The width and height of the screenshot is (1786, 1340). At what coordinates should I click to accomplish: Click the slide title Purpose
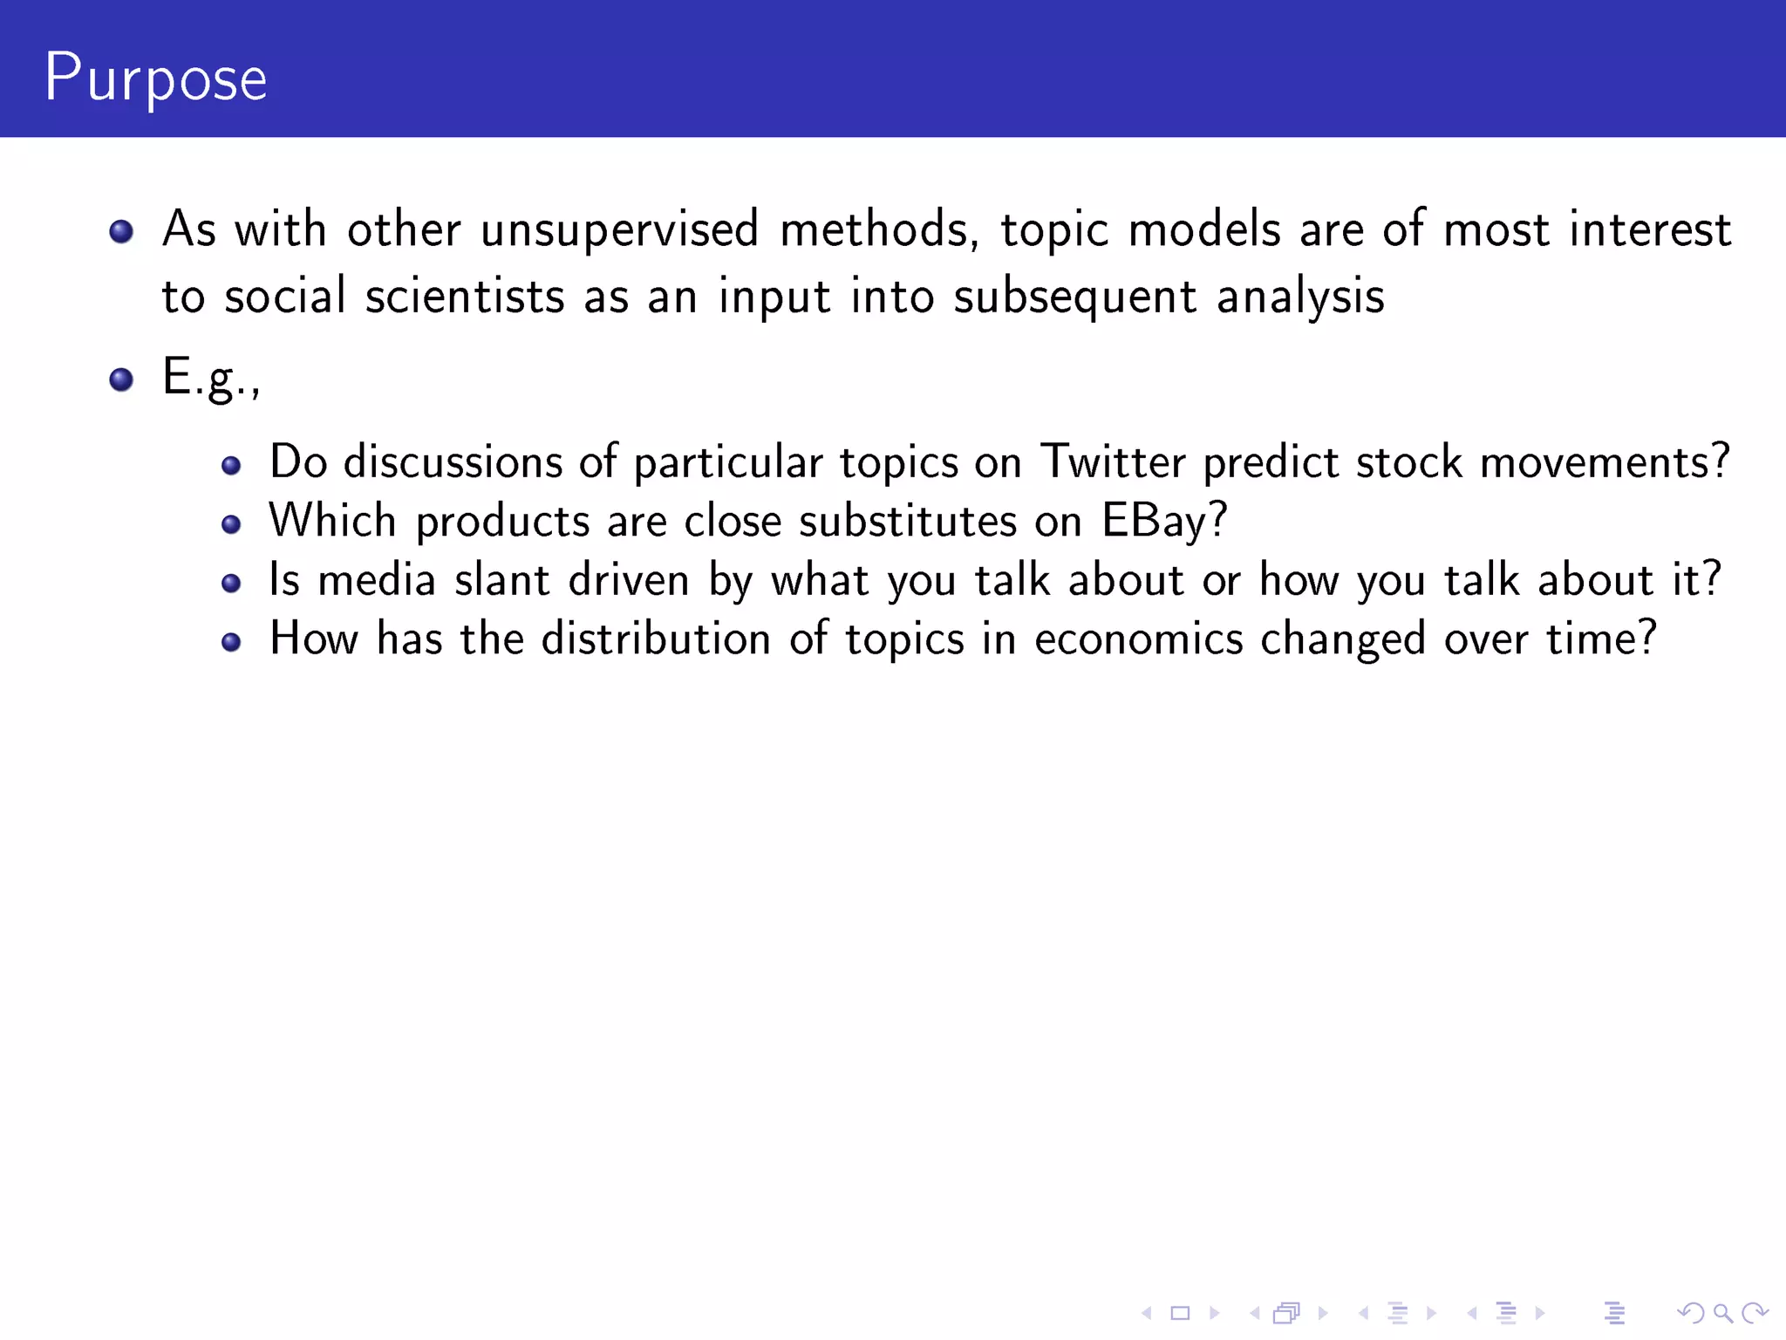tap(155, 79)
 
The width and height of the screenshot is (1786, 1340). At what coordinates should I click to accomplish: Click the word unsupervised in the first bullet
tap(619, 229)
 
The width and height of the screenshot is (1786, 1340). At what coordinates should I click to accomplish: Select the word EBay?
tap(1164, 521)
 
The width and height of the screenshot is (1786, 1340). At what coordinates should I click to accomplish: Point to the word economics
tap(1138, 639)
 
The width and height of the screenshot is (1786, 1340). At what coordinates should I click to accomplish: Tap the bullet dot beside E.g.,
tap(121, 379)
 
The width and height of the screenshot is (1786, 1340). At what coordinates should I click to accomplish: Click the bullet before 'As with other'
tap(121, 231)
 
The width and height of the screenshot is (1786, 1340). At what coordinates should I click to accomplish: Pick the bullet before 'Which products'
tap(231, 524)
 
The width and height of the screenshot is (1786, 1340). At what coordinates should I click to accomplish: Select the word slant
tap(502, 580)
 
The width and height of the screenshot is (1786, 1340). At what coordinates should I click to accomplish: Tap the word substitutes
tap(907, 521)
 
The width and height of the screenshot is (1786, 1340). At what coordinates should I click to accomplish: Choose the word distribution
tap(656, 639)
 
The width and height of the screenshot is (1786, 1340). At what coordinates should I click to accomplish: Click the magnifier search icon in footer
tap(1722, 1312)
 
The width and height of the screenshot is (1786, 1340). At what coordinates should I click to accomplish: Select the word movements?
tap(1605, 461)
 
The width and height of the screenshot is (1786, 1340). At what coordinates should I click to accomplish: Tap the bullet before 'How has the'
tap(231, 643)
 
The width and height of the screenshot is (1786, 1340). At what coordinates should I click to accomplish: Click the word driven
tap(629, 580)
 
